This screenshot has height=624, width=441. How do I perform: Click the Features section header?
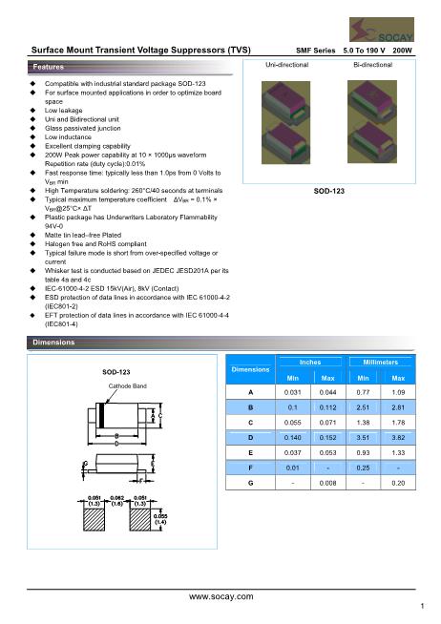[x=49, y=69]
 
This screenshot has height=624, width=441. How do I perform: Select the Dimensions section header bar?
[x=53, y=342]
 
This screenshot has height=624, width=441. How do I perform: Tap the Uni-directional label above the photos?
[x=289, y=64]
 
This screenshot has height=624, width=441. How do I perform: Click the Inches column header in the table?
[x=310, y=364]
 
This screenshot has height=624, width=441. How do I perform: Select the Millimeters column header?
[x=380, y=364]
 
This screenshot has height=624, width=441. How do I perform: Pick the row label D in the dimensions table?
[x=250, y=437]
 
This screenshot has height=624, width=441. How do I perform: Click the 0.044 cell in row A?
[x=327, y=391]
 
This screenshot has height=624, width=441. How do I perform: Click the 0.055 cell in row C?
[x=293, y=422]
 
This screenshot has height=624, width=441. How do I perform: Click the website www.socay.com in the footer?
[x=221, y=595]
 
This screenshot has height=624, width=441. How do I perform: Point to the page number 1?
[x=421, y=606]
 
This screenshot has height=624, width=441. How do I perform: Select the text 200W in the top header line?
[x=403, y=48]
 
